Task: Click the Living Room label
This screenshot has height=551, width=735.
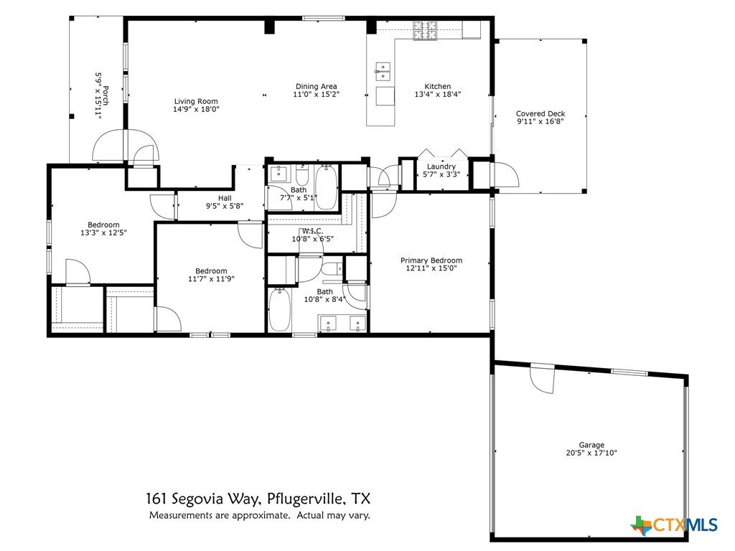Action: [x=196, y=101]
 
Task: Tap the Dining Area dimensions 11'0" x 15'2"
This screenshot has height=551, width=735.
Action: [x=316, y=94]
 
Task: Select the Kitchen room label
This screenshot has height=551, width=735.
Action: [x=437, y=86]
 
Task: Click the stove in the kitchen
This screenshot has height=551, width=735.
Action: [x=425, y=30]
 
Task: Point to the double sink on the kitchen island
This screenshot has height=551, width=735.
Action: [x=383, y=72]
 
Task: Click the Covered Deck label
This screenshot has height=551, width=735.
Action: [x=540, y=113]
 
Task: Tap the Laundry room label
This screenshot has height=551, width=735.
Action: [x=441, y=166]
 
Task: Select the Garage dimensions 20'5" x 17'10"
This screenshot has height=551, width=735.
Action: [x=591, y=453]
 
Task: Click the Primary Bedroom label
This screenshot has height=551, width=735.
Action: [x=431, y=260]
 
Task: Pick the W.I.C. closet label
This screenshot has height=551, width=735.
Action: [x=312, y=231]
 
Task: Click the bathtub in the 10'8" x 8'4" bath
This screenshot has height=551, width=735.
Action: [x=280, y=310]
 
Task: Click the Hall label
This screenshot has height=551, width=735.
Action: [x=225, y=198]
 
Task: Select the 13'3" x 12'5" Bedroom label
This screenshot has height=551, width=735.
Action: [x=103, y=225]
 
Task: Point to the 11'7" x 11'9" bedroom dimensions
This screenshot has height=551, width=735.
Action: [x=211, y=279]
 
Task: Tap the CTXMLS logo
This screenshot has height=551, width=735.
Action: [x=675, y=524]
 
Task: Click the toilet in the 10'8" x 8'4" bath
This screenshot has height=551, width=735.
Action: [x=332, y=270]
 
